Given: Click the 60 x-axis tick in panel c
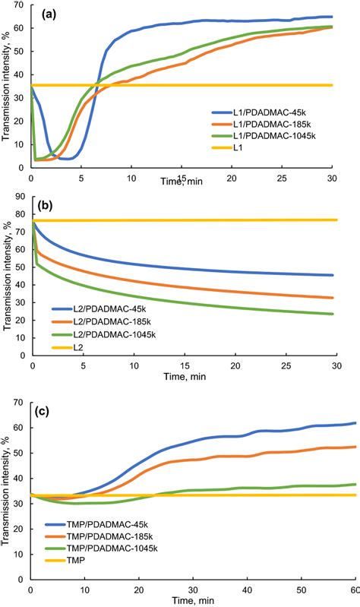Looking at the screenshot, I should point(353,590).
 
